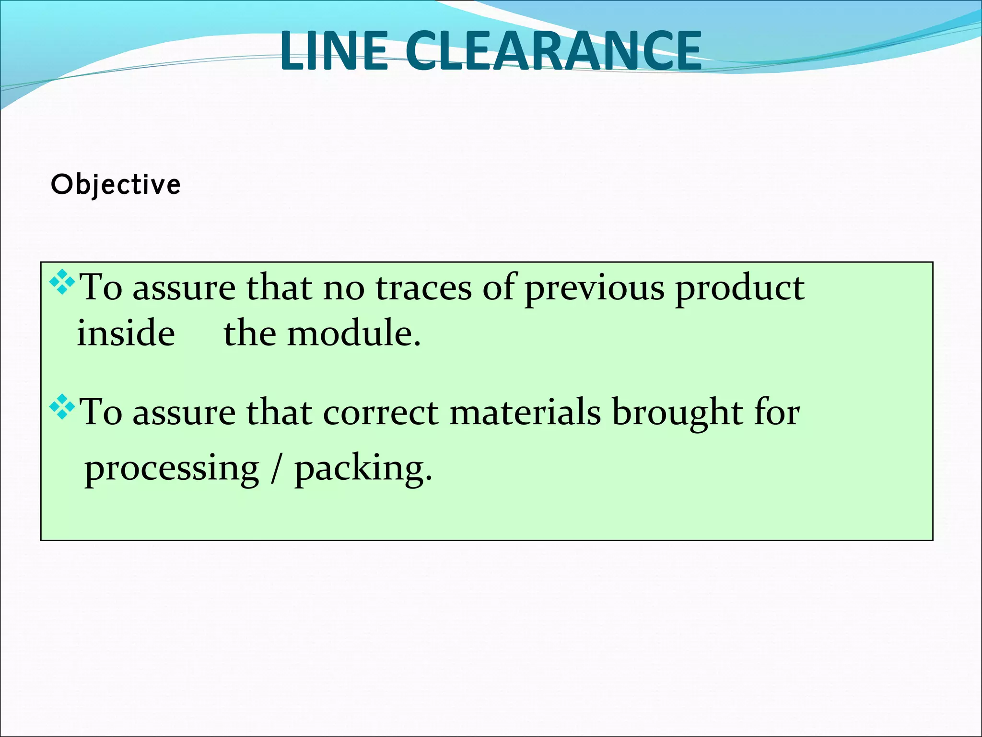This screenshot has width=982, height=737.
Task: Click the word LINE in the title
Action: [x=334, y=51]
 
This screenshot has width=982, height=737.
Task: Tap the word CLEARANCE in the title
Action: [x=553, y=51]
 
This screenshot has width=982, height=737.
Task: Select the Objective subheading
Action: [x=116, y=185]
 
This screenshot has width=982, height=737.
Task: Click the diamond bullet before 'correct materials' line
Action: [x=62, y=407]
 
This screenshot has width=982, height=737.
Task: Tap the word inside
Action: [x=126, y=333]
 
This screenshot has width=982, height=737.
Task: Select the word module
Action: [x=354, y=333]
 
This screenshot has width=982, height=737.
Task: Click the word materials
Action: [x=525, y=413]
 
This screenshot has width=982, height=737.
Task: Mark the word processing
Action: [x=172, y=469]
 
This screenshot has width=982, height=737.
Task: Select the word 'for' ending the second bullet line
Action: [x=777, y=413]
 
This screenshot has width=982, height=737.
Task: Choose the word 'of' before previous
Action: [x=499, y=288]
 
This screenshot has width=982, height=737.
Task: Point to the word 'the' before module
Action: [x=250, y=333]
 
